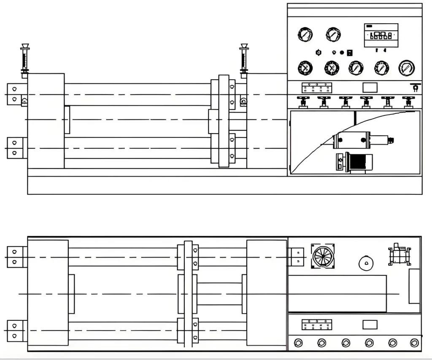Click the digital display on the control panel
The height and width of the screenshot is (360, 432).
click(x=381, y=35)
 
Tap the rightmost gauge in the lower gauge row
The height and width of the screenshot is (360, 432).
click(x=406, y=67)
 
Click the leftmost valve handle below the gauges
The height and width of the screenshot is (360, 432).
click(x=302, y=101)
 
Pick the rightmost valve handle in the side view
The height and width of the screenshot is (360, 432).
click(x=407, y=101)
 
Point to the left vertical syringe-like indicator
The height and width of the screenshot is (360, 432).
click(x=25, y=59)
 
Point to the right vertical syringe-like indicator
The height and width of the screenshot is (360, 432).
click(x=243, y=59)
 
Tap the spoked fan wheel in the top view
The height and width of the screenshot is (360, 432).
click(x=323, y=256)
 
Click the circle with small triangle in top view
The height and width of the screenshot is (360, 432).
click(x=366, y=263)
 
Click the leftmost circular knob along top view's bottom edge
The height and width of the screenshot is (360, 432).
click(x=299, y=342)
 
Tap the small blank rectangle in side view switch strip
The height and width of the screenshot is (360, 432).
click(x=370, y=87)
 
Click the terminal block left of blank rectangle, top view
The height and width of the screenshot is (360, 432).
click(x=317, y=325)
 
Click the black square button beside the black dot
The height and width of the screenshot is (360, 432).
click(x=349, y=53)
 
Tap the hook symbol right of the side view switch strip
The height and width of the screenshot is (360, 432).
click(x=415, y=88)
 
